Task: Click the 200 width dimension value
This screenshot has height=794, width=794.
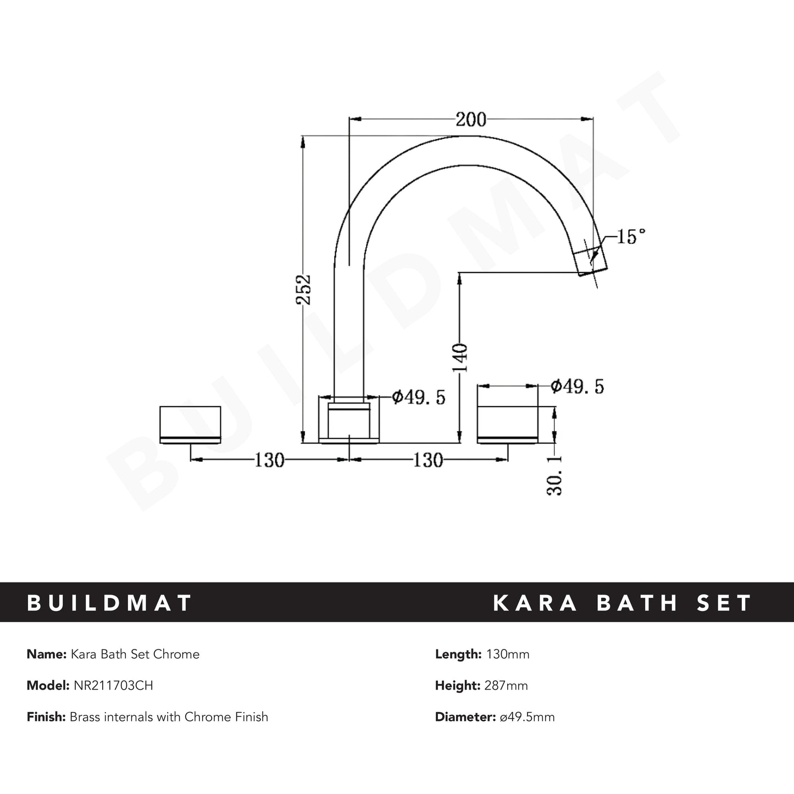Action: coord(471,119)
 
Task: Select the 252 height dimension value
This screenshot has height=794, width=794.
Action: coord(303,289)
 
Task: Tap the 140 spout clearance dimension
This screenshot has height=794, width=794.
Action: coord(460,357)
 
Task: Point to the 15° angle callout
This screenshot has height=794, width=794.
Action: coord(630,237)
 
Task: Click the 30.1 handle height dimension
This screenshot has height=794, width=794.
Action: coord(556,475)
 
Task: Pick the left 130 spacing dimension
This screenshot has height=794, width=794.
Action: coord(269,460)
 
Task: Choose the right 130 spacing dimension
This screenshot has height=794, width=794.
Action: coord(428,460)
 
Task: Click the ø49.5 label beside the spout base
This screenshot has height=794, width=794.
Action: coord(418,397)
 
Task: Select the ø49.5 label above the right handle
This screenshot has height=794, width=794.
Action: coord(577,386)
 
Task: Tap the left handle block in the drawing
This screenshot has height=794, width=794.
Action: coord(190,424)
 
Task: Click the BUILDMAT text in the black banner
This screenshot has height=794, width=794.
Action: coord(109,603)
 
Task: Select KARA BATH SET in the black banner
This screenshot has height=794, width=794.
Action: coord(623,603)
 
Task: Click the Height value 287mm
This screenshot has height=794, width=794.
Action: coord(506,685)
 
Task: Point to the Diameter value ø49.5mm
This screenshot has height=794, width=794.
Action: coord(527,717)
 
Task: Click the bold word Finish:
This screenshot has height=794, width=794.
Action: coord(46,717)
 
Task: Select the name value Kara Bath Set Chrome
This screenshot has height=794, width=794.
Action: coord(135,654)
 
